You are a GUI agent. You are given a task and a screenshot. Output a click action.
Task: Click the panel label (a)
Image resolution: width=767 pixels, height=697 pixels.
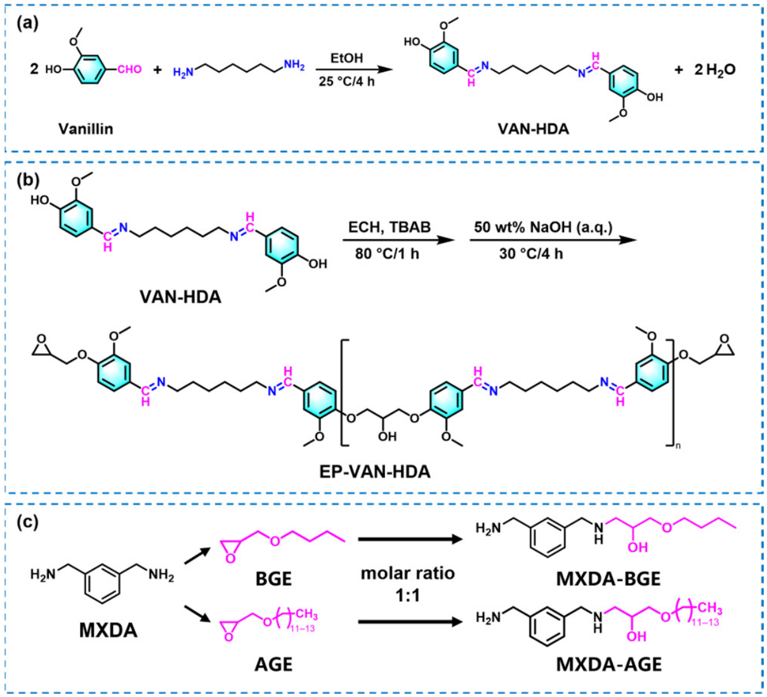point(27,24)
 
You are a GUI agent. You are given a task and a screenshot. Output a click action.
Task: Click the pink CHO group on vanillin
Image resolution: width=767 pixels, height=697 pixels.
point(129,70)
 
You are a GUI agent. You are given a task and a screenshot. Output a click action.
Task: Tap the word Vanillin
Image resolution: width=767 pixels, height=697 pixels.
point(86,129)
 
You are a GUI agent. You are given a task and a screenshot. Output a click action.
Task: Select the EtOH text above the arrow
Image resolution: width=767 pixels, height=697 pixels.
point(346,58)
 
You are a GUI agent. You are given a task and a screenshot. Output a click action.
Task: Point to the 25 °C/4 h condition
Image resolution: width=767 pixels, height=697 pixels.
point(347,81)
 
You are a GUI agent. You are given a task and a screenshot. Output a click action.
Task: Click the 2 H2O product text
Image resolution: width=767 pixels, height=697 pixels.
point(714,70)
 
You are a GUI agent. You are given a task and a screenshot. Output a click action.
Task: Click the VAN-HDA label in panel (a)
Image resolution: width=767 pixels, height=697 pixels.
point(533,129)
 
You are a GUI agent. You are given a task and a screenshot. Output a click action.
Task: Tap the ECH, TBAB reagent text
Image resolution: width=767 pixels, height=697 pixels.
point(389,227)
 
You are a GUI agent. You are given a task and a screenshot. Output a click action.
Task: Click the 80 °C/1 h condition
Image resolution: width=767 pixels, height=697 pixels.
point(387,254)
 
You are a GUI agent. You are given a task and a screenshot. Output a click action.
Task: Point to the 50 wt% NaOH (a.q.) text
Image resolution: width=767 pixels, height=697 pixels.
point(543,227)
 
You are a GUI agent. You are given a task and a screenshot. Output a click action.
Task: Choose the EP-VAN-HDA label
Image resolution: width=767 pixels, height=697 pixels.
point(375,472)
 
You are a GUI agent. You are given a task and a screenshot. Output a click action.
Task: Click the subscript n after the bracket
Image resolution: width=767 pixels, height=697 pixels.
point(678,446)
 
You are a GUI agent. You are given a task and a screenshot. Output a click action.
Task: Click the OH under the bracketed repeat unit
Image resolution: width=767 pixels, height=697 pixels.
point(388,436)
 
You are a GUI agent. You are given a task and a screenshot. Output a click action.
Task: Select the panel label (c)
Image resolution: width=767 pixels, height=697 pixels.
point(27,522)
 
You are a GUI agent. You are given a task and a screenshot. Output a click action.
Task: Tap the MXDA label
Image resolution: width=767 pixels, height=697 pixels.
point(108,630)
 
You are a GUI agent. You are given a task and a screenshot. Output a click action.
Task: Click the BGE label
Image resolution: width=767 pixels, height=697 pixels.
point(273,579)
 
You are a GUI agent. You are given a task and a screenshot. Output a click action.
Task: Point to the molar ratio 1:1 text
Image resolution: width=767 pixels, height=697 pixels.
point(407,584)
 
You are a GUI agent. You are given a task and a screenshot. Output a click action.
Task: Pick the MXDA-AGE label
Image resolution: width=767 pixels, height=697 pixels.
point(608,665)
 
